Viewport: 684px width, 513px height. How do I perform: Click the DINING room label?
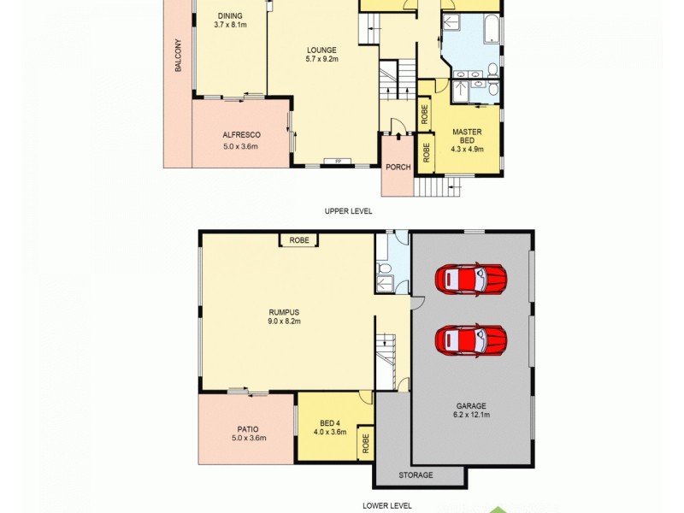(230, 15)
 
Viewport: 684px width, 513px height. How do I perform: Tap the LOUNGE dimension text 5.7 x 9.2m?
(322, 59)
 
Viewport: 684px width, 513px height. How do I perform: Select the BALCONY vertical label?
(178, 56)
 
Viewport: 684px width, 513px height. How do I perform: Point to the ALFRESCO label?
(241, 135)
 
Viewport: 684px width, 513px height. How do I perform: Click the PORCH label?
(398, 167)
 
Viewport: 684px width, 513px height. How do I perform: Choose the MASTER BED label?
(467, 136)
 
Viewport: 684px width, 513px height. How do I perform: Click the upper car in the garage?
(470, 279)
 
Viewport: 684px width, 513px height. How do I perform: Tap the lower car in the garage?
(470, 339)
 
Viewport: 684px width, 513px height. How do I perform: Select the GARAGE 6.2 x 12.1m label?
(470, 411)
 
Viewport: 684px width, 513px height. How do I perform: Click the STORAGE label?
(416, 475)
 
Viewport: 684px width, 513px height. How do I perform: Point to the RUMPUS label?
(285, 311)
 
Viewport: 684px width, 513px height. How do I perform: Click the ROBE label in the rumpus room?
(298, 241)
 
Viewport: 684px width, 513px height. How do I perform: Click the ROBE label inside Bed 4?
(365, 444)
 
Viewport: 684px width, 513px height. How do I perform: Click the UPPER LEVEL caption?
(348, 211)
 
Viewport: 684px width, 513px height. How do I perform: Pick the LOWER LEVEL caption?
(386, 505)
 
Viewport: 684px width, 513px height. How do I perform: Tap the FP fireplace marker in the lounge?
(338, 162)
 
